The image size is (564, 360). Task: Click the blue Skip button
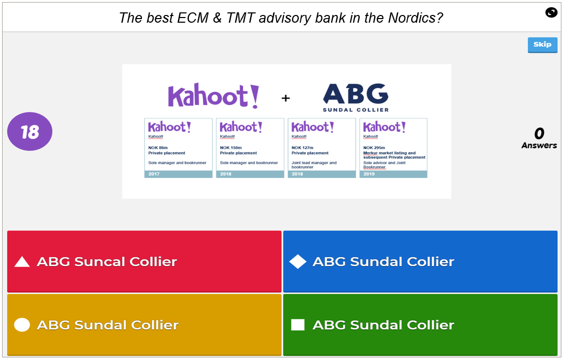542,45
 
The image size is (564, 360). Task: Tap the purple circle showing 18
30,132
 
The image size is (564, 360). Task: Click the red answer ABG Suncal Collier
144,261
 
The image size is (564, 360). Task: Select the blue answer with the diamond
420,261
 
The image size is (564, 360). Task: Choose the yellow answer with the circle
144,325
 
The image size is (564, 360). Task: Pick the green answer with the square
420,325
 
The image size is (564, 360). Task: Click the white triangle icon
22,262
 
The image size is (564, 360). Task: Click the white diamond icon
298,261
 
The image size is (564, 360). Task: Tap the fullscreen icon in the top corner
551,12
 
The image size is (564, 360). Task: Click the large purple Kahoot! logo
213,96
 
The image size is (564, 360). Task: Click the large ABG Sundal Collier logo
356,97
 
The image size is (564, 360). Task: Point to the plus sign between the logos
285,98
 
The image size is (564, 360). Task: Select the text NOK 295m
374,148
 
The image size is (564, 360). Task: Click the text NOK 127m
302,148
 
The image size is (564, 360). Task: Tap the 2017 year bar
178,174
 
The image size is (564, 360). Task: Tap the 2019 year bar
393,174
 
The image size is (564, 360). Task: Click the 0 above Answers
539,134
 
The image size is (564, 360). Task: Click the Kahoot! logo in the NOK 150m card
241,127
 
